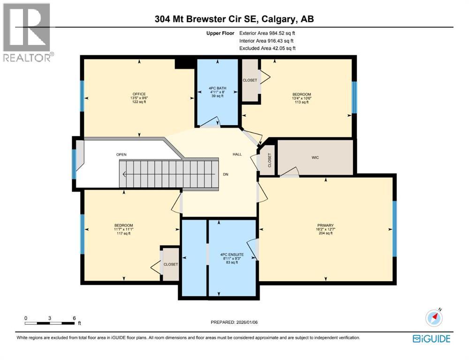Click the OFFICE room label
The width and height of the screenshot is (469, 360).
(x=139, y=93)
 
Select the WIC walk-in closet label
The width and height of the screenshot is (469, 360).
(x=315, y=157)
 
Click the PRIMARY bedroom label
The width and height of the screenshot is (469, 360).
(x=325, y=225)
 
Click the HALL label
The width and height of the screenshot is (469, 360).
(x=237, y=154)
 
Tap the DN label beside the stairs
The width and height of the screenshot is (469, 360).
(x=226, y=173)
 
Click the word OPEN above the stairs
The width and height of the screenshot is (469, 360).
(x=121, y=155)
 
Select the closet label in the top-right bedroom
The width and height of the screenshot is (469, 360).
(x=250, y=80)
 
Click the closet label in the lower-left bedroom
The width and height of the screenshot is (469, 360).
(x=171, y=264)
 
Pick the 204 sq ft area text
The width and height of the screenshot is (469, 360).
(x=325, y=233)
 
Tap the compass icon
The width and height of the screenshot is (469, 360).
(x=434, y=317)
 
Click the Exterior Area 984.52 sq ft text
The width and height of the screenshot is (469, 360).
(x=267, y=33)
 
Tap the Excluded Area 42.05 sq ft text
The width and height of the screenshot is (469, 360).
(x=267, y=48)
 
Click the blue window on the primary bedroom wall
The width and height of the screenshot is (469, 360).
(x=394, y=228)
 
